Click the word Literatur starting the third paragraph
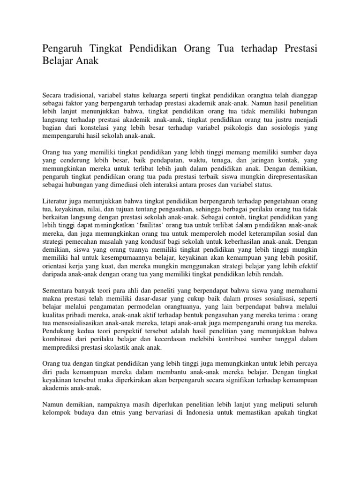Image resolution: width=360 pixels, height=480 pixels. [57, 201]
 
